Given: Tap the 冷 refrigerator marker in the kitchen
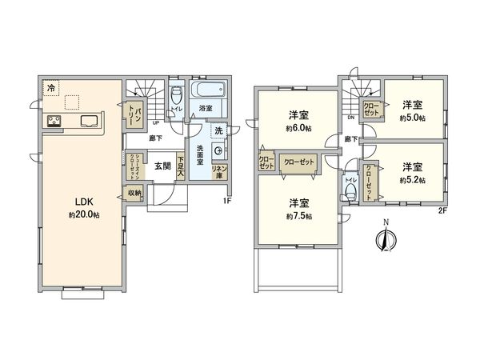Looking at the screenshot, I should point(51,87).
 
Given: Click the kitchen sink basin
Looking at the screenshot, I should point(87,122).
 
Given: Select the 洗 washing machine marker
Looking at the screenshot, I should point(218,130).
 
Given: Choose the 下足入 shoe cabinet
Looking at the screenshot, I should point(181,166).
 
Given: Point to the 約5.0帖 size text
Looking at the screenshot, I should point(413,118).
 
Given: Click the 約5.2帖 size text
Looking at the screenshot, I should point(413,180).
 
